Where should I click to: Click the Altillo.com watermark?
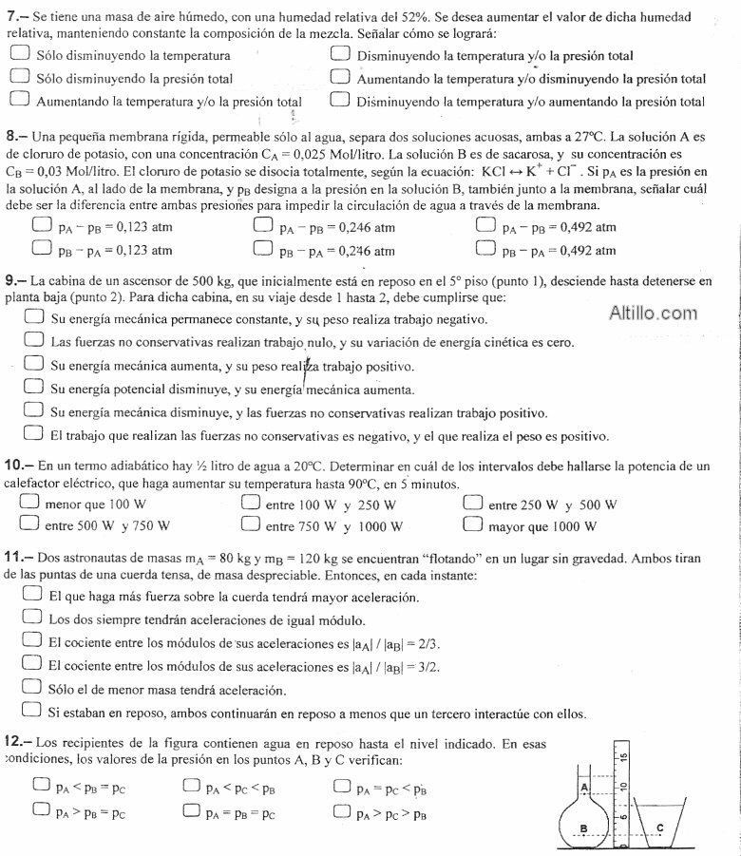pyautogui.click(x=653, y=313)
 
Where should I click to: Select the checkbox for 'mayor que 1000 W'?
pyautogui.click(x=474, y=524)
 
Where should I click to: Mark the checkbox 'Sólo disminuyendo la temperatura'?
pyautogui.click(x=21, y=55)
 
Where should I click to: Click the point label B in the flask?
pyautogui.click(x=583, y=828)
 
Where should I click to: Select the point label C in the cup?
pyautogui.click(x=659, y=828)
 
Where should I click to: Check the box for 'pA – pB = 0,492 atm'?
pyautogui.click(x=486, y=226)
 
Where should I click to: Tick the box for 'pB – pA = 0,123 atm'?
pyautogui.click(x=41, y=249)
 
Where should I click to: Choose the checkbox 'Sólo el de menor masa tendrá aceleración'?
pyautogui.click(x=30, y=689)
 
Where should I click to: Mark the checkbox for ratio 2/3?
pyautogui.click(x=30, y=641)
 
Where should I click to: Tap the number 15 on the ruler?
pyautogui.click(x=623, y=758)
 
